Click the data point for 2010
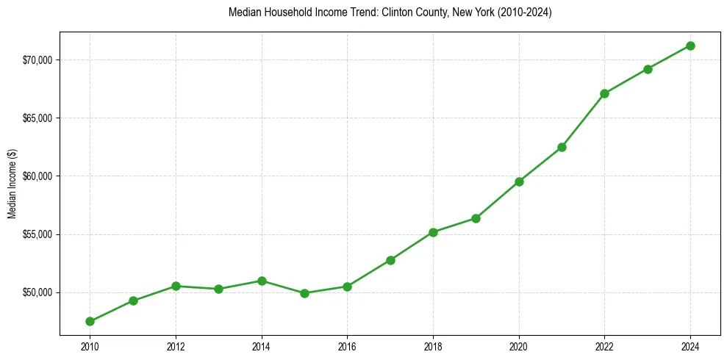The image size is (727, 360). point(90,321)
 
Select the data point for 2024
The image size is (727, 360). point(690,46)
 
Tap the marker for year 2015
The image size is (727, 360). point(304,293)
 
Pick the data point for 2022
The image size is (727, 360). point(604,93)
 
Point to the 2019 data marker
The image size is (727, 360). point(476,218)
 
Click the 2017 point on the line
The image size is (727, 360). point(390,260)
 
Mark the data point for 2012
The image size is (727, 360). point(176,286)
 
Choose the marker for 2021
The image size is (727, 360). point(562,147)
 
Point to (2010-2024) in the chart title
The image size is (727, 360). point(523,12)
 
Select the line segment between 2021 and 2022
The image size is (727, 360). point(583,120)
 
